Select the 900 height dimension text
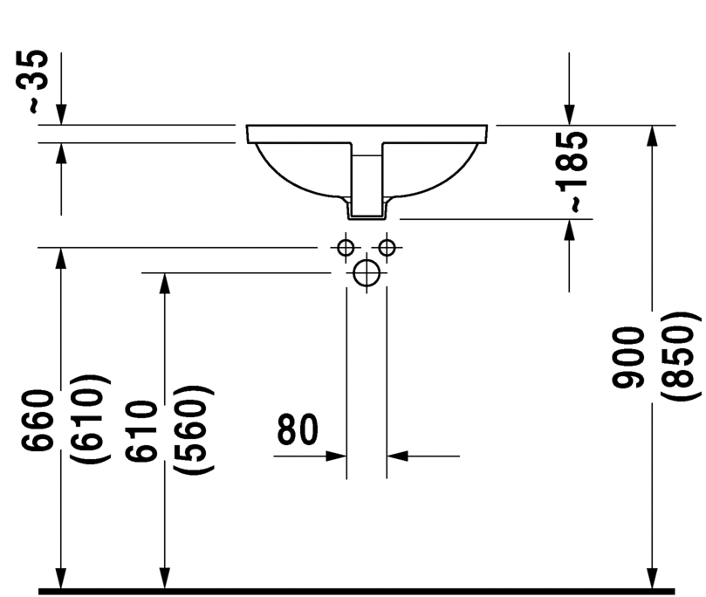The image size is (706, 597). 627,358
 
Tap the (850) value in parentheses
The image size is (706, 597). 679,358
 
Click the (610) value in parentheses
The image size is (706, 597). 93,420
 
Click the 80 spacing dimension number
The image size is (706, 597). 298,430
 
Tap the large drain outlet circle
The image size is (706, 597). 367,273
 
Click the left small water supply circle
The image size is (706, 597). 346,247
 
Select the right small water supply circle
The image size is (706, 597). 387,247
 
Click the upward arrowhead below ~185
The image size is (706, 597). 569,230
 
